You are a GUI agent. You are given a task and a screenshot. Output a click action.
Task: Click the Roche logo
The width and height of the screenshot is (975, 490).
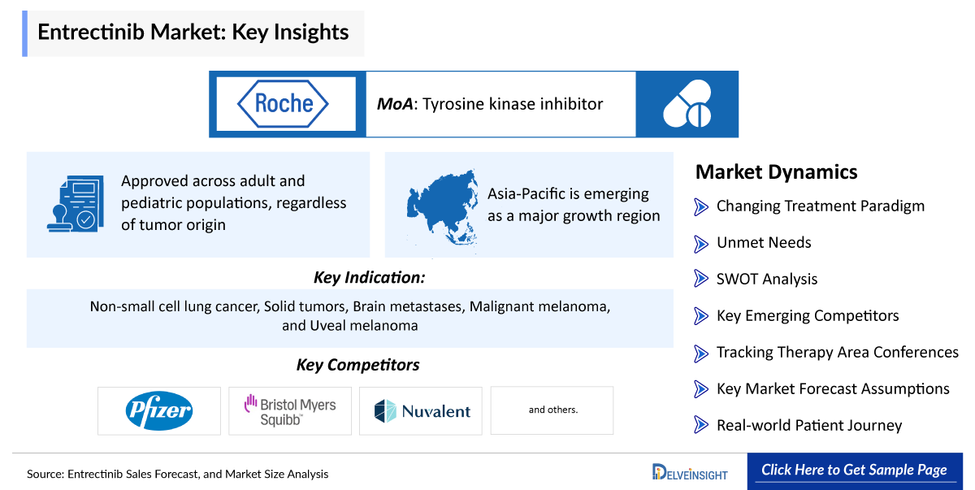point(283,103)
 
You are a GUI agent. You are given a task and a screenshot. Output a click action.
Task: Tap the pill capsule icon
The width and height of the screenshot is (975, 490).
point(687,104)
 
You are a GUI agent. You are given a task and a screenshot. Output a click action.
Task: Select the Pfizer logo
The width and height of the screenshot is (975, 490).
point(159,410)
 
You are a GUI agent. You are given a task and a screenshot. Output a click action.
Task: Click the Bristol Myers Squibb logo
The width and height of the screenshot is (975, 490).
point(290,410)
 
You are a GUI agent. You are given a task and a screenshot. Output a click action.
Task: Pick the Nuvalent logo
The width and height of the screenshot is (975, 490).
point(422,410)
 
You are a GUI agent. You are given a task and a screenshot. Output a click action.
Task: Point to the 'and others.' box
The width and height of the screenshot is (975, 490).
point(552,410)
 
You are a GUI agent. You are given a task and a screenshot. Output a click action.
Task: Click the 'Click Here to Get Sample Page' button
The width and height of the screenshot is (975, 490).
point(854,470)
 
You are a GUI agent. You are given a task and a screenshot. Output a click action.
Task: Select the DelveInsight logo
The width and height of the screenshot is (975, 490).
point(690,472)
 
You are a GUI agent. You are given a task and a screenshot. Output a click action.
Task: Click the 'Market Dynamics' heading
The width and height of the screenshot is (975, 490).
point(776,172)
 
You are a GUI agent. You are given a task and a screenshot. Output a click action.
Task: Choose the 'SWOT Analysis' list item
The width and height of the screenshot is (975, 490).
point(766,279)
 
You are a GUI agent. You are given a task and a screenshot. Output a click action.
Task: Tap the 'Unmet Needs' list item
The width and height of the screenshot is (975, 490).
point(763,242)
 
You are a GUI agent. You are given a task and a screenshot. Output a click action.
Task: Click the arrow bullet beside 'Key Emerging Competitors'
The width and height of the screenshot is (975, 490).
point(701,316)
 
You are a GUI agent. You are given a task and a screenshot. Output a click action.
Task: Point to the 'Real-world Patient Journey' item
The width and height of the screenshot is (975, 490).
point(808,425)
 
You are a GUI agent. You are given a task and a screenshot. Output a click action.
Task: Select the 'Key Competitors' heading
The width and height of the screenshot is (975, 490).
point(358,365)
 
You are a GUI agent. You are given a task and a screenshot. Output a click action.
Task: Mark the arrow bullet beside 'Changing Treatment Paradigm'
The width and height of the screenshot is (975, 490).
point(701,206)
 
